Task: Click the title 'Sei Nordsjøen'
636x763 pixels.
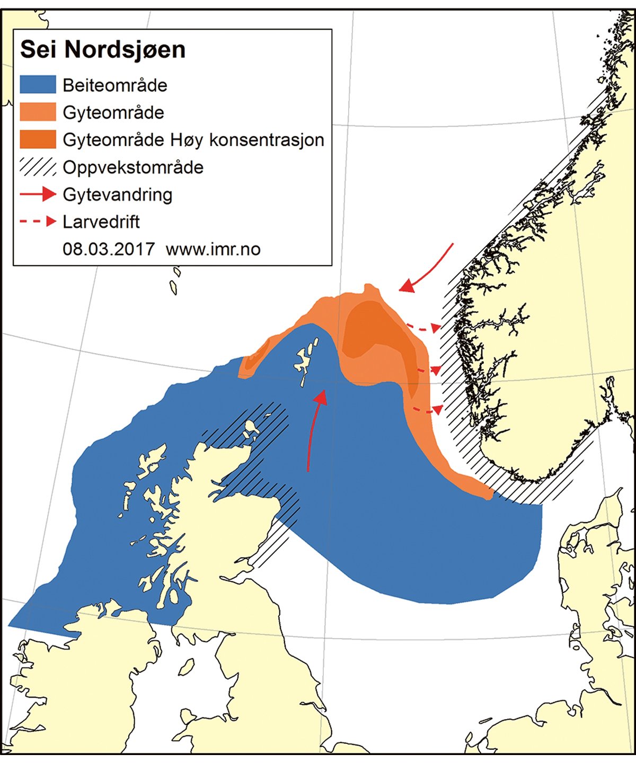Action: coord(103,50)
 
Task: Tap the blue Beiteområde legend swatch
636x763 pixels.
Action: coord(38,85)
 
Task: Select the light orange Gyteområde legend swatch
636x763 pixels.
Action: coord(38,112)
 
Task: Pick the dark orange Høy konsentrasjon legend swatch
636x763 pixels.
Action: coord(38,140)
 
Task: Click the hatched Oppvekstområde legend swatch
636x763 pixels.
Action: coord(38,167)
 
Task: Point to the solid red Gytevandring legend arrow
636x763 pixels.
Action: coord(38,195)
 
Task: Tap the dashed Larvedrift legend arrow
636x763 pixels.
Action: coord(38,222)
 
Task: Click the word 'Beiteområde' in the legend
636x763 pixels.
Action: coord(114,85)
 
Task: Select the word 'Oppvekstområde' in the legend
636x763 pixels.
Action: coord(133,167)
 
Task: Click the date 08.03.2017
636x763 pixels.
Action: coord(109,249)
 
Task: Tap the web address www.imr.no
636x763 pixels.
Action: coord(213,249)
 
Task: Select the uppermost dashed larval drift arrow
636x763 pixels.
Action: coord(423,328)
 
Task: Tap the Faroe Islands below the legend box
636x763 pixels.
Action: coord(174,281)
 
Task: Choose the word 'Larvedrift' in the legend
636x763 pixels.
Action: coord(101,222)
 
